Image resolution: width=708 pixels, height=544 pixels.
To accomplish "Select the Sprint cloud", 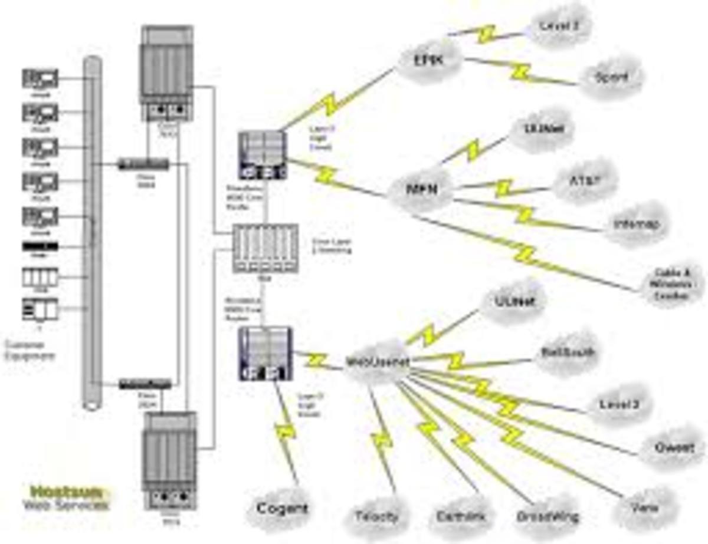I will [611, 77].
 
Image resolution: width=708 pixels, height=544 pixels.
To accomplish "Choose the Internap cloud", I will [637, 225].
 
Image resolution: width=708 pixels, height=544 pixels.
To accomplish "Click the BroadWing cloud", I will [546, 516].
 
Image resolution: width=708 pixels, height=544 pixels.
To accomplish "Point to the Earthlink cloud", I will [461, 516].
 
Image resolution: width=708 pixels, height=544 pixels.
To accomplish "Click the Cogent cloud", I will [281, 507].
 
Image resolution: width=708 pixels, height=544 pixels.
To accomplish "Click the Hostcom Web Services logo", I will [66, 497].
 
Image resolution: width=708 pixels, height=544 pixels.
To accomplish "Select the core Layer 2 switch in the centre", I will [265, 248].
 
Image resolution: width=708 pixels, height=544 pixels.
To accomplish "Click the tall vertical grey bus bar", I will [91, 230].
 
